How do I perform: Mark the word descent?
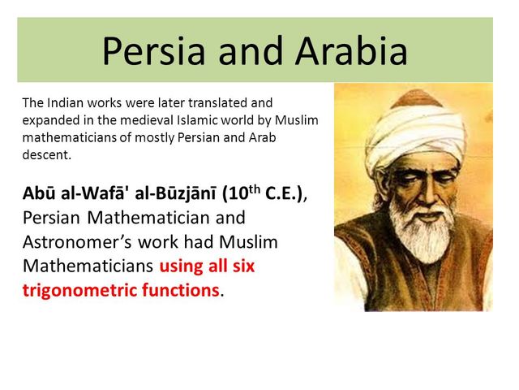coord(47,154)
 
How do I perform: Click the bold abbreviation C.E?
coord(284,194)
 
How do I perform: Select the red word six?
coord(243,266)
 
